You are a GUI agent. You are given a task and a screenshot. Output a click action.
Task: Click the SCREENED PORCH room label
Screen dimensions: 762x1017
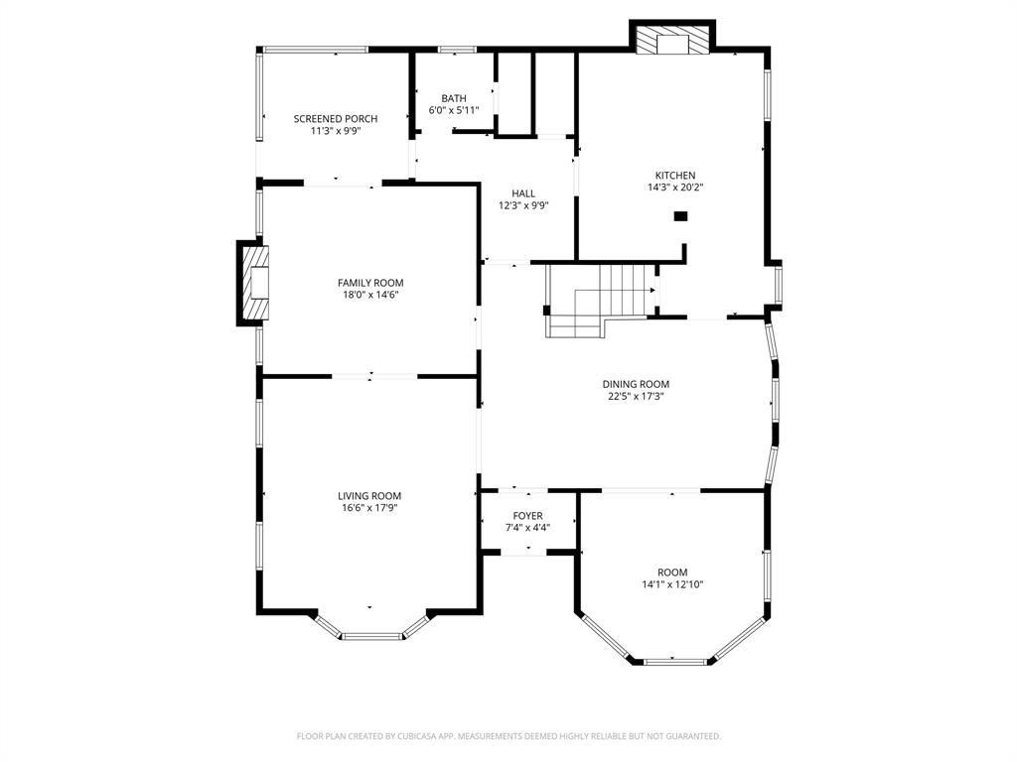point(335,119)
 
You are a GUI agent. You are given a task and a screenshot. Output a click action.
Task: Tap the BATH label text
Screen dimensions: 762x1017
point(454,98)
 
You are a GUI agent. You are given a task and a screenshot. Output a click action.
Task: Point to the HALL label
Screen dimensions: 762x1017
point(523,193)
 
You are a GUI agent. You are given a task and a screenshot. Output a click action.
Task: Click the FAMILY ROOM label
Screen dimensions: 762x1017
point(370,283)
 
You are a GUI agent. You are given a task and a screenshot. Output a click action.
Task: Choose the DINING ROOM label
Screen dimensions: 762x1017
point(636,384)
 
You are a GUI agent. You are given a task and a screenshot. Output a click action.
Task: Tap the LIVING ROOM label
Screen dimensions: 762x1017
point(369,496)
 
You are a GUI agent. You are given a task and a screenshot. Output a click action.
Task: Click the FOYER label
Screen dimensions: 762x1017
point(527,516)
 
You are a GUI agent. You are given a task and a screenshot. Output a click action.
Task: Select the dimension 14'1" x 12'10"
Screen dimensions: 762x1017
point(672,584)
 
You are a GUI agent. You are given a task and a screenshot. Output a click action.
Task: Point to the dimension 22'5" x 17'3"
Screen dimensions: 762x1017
point(636,396)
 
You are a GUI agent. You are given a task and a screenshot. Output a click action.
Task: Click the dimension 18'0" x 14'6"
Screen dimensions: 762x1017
point(370,295)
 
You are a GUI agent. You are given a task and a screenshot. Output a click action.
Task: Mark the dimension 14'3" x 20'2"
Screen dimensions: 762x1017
point(674,187)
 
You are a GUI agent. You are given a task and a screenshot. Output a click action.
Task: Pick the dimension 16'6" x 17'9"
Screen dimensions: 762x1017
point(369,508)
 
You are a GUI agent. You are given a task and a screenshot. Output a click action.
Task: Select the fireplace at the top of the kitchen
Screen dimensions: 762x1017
point(673,40)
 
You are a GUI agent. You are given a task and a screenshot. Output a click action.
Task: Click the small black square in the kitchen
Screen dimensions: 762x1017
point(680,216)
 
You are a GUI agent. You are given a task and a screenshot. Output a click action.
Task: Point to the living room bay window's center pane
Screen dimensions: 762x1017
point(370,635)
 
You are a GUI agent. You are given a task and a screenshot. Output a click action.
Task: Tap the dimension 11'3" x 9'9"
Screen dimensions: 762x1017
point(335,130)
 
